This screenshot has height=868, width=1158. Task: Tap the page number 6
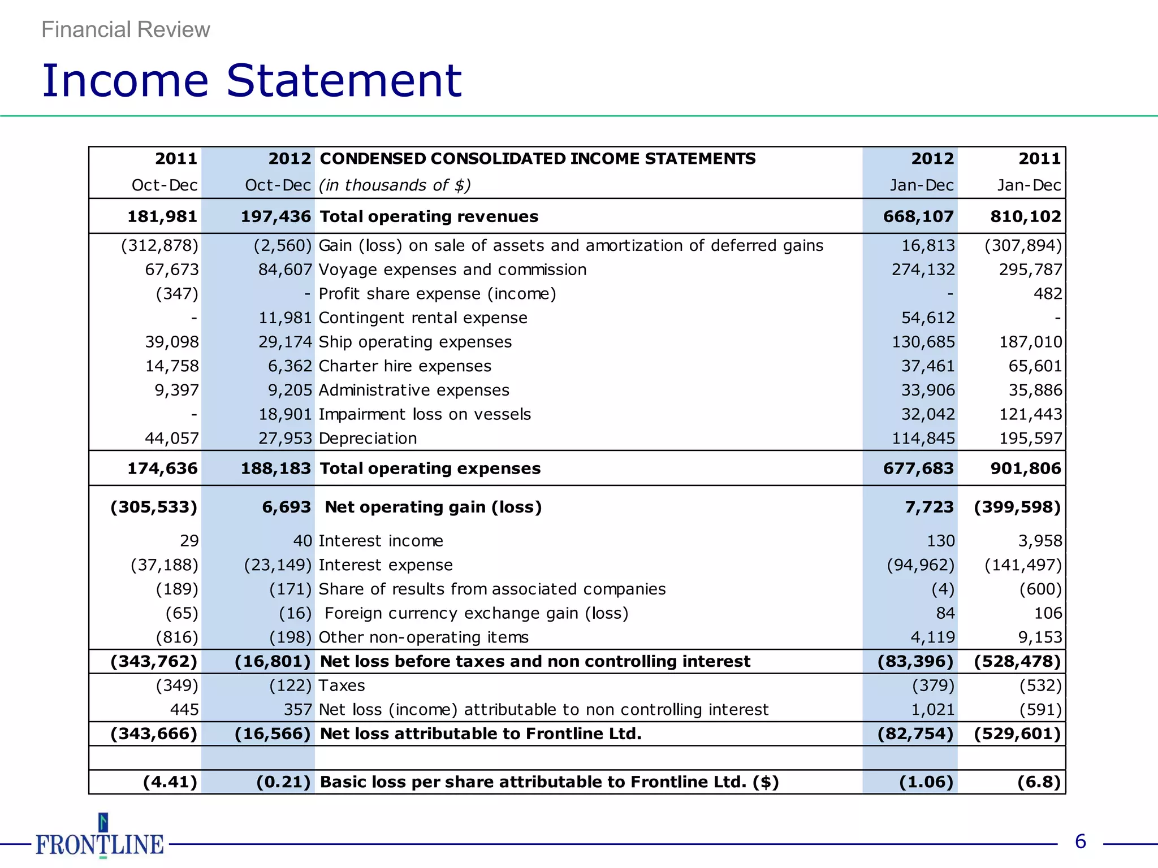1080,842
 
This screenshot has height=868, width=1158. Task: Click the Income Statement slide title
252,81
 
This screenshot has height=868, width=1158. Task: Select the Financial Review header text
126,29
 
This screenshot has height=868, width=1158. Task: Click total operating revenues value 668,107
918,216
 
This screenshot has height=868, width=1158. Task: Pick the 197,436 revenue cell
275,216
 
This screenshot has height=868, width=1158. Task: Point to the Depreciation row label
368,439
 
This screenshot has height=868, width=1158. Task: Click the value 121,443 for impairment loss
1031,414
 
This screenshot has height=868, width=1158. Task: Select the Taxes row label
342,685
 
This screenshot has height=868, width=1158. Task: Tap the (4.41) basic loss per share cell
170,782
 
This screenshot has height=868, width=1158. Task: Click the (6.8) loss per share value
1039,782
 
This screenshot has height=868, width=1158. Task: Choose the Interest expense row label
386,565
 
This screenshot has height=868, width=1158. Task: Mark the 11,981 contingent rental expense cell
285,318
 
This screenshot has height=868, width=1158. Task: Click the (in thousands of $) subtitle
395,185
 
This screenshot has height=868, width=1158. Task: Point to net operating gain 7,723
929,507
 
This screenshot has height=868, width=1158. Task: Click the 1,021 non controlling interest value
932,710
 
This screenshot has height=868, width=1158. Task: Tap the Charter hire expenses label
405,366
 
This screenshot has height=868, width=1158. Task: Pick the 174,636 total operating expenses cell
162,468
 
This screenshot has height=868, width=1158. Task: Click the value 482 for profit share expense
1048,294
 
